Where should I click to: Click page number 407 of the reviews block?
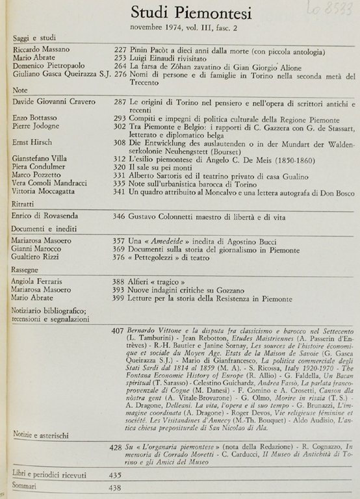click(x=118, y=331)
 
